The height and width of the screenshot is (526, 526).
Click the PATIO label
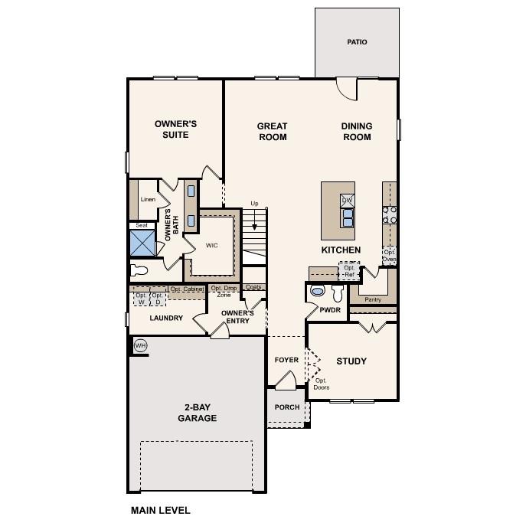(357, 42)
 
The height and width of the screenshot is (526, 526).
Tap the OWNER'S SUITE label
(176, 129)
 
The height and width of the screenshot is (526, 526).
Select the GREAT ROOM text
(272, 132)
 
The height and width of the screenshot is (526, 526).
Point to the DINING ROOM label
(357, 132)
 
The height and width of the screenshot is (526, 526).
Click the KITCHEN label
(341, 250)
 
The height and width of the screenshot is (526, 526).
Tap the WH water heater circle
(140, 346)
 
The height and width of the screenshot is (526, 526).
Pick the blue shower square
(142, 243)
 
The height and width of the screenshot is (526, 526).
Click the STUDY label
(351, 361)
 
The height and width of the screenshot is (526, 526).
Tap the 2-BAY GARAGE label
(197, 413)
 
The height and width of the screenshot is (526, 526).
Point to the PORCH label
(287, 407)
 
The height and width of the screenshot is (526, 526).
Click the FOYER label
(287, 360)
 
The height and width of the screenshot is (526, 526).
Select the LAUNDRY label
(166, 318)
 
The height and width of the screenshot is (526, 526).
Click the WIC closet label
(212, 246)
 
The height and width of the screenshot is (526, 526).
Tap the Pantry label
(373, 299)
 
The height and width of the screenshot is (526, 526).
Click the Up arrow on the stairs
(254, 218)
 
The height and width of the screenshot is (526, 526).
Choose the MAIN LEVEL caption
(160, 510)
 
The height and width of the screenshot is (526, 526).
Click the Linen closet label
(148, 200)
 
